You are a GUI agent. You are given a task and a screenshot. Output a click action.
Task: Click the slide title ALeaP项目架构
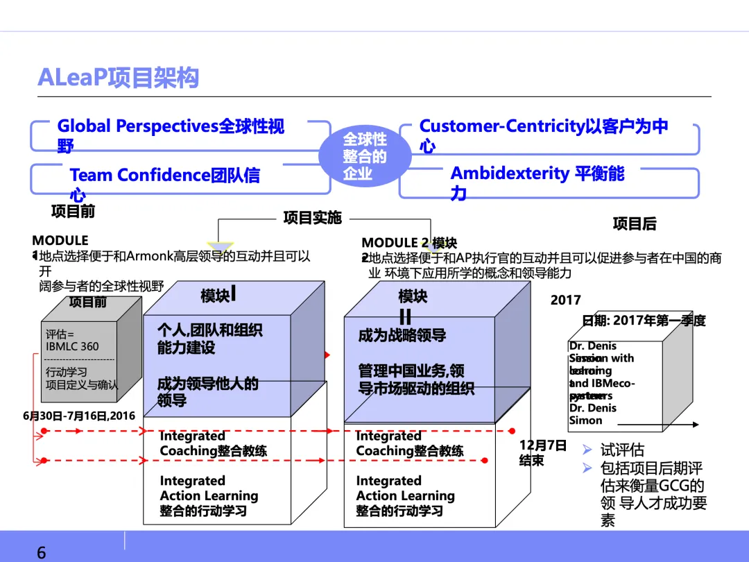click(x=118, y=78)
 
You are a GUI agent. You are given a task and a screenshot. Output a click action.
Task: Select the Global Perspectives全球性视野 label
click(x=171, y=135)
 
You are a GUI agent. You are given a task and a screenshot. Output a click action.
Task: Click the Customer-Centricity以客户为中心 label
click(x=543, y=135)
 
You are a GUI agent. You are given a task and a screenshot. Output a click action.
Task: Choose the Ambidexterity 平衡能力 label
click(x=537, y=182)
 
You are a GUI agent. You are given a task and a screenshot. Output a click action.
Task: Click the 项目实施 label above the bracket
click(x=312, y=218)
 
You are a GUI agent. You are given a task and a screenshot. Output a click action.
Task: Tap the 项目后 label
click(x=634, y=223)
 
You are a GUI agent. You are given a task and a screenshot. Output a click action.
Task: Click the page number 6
click(x=41, y=553)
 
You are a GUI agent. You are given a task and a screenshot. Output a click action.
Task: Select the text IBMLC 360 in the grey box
click(x=72, y=346)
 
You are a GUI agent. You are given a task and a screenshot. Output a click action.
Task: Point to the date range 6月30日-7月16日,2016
click(x=79, y=416)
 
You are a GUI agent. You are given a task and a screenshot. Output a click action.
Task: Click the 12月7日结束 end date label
click(x=542, y=452)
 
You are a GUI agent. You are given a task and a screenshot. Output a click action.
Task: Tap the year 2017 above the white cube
click(x=565, y=300)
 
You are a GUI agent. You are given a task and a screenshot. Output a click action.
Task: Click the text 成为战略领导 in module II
click(x=402, y=336)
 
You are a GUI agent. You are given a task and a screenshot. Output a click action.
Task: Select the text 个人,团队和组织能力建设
click(x=209, y=338)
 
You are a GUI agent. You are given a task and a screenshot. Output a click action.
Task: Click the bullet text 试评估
click(x=622, y=451)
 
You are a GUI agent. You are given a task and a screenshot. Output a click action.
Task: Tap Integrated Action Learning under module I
click(x=209, y=495)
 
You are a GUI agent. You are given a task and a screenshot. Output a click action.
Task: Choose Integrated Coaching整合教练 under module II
click(x=410, y=443)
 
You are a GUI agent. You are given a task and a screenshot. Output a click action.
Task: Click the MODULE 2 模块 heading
click(x=409, y=243)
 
